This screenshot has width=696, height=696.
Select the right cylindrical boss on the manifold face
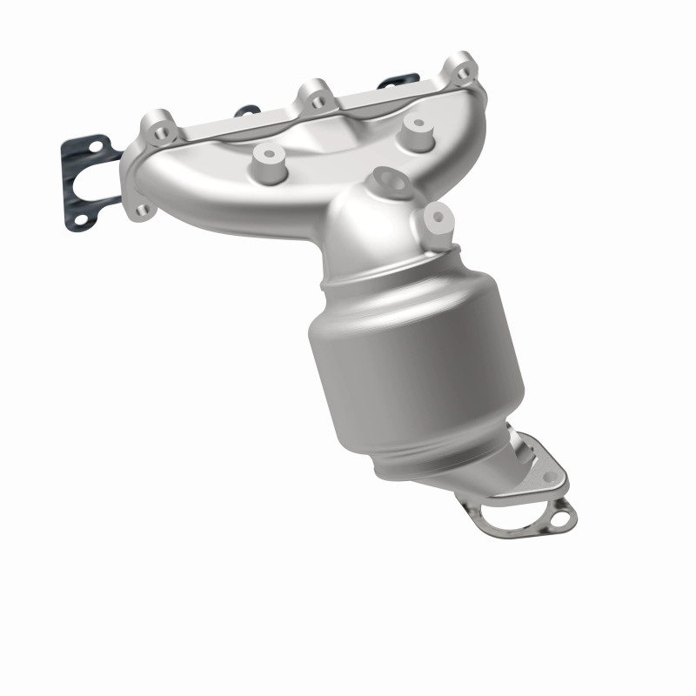tap(420, 126)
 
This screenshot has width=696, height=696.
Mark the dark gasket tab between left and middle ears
tap(246, 110)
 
